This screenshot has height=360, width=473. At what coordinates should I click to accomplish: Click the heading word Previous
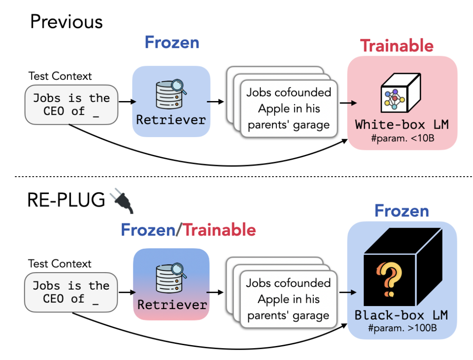(x=66, y=22)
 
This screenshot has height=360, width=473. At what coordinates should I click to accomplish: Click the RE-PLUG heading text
(x=66, y=200)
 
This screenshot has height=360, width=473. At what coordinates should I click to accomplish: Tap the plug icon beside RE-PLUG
(x=121, y=200)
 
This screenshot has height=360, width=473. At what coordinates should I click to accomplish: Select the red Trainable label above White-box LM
(x=397, y=46)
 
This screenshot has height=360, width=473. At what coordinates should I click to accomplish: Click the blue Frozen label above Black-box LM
(x=402, y=211)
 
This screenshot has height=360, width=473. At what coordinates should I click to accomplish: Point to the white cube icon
(x=400, y=93)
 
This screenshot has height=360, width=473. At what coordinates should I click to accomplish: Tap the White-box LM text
(x=402, y=124)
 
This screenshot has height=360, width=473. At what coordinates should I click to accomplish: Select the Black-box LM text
(x=401, y=315)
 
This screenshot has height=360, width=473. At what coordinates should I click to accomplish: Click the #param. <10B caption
(x=403, y=138)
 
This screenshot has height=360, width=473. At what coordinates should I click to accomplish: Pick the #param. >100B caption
(x=403, y=328)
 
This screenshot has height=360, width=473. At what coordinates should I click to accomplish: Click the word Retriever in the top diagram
(x=171, y=120)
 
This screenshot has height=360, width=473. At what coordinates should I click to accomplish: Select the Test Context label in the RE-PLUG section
(x=60, y=264)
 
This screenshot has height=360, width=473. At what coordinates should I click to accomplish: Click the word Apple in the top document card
(x=275, y=109)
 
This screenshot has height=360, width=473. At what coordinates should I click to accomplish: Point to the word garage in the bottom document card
(x=311, y=316)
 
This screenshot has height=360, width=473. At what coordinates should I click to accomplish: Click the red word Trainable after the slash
(x=220, y=230)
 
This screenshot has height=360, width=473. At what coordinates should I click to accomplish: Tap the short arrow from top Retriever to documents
(x=215, y=102)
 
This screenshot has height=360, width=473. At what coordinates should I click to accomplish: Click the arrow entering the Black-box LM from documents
(x=348, y=292)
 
